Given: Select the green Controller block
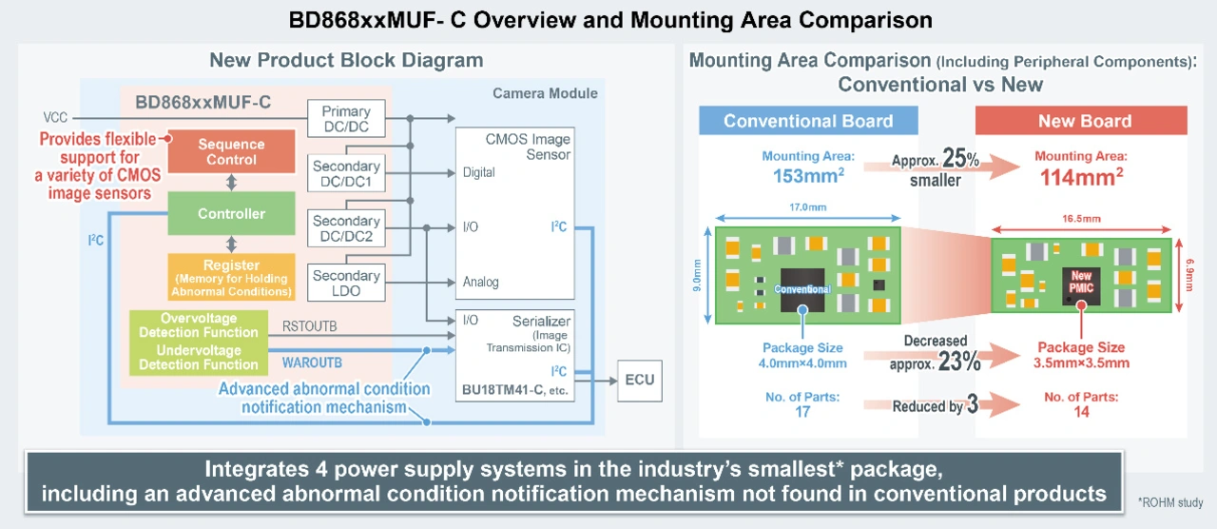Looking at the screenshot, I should point(231,213).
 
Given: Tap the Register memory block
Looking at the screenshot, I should point(231,277).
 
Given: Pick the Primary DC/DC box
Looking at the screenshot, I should point(346,119).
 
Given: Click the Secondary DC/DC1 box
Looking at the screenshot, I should point(346,174).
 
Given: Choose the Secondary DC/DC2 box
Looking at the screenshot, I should point(346,228).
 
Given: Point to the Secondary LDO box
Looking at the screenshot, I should point(346,283).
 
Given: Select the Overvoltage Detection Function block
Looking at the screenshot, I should point(198,324).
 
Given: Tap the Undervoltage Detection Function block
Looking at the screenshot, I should point(198,357).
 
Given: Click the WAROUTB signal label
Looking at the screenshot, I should point(312,362).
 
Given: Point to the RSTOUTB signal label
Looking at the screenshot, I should point(309,326).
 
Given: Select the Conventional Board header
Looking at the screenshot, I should point(808,121).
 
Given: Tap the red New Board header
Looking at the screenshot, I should point(1084,121).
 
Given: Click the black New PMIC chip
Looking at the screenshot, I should point(1082,283).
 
